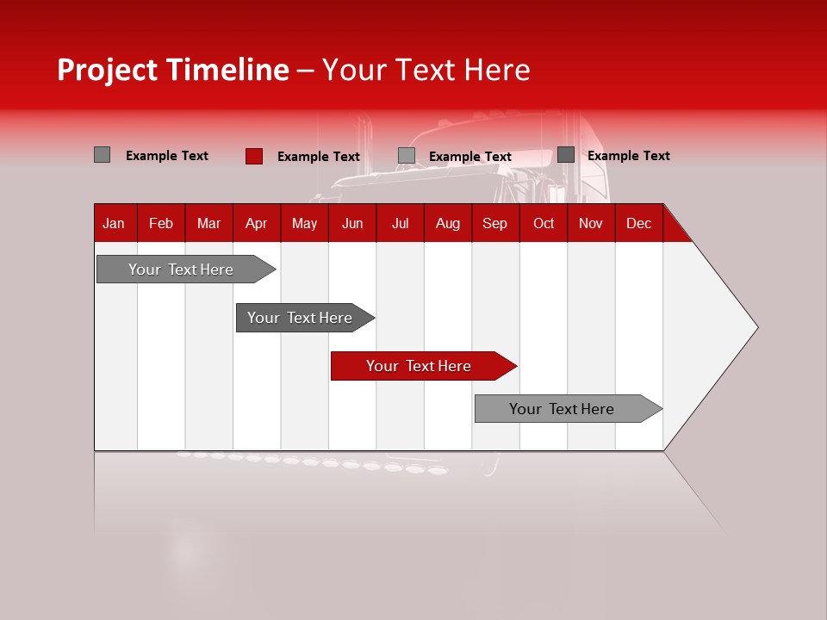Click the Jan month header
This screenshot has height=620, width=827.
click(114, 223)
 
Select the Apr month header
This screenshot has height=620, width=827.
click(256, 223)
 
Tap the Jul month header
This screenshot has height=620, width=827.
click(400, 223)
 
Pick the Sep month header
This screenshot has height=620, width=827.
click(494, 223)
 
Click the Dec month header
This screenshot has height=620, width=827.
click(638, 223)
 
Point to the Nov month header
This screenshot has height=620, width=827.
click(590, 223)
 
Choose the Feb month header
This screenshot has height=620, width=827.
click(161, 223)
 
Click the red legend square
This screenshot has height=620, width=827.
click(253, 156)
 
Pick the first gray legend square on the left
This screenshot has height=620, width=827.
click(102, 155)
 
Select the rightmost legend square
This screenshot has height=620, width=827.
click(565, 155)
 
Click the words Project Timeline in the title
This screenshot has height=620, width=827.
click(172, 70)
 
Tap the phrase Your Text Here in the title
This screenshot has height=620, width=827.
click(426, 70)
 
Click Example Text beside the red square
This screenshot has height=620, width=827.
click(318, 157)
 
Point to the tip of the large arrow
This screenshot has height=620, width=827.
click(755, 327)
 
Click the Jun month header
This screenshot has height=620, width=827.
click(351, 223)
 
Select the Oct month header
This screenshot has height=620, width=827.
click(543, 223)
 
